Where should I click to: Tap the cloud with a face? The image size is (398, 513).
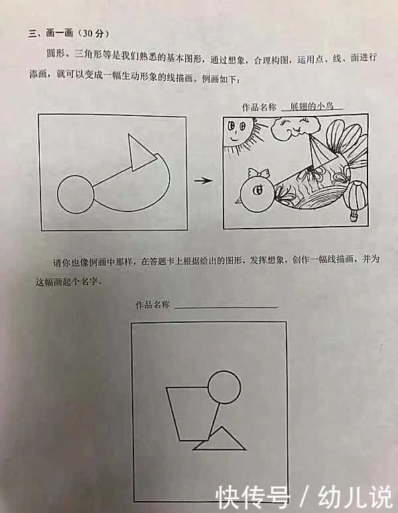point(289,129)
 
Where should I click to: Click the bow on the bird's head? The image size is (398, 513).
point(258,174)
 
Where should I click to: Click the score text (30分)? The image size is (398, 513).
point(92,33)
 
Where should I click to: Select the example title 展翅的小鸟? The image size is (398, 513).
point(312,106)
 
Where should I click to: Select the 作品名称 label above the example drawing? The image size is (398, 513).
point(259,106)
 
